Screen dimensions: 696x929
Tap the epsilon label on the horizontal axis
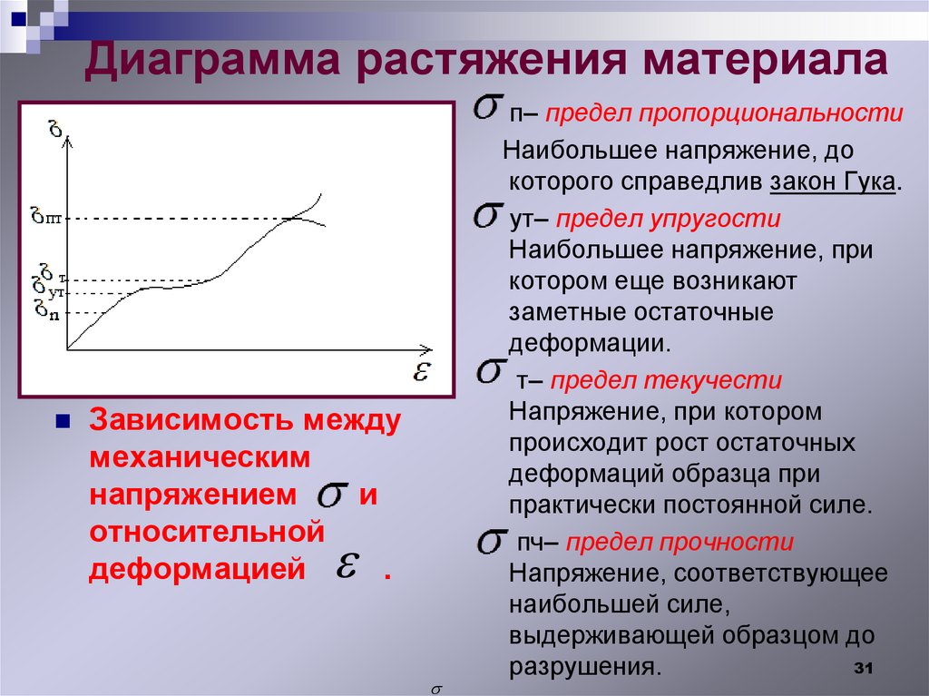421,371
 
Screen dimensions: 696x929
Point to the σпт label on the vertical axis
44,217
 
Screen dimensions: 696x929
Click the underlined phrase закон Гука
833,181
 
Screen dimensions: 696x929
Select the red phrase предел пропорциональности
724,115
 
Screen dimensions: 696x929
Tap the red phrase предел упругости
668,221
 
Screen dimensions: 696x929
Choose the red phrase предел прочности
680,543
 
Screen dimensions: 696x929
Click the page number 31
863,669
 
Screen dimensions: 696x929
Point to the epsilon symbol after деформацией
344,567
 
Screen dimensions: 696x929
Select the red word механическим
200,458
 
